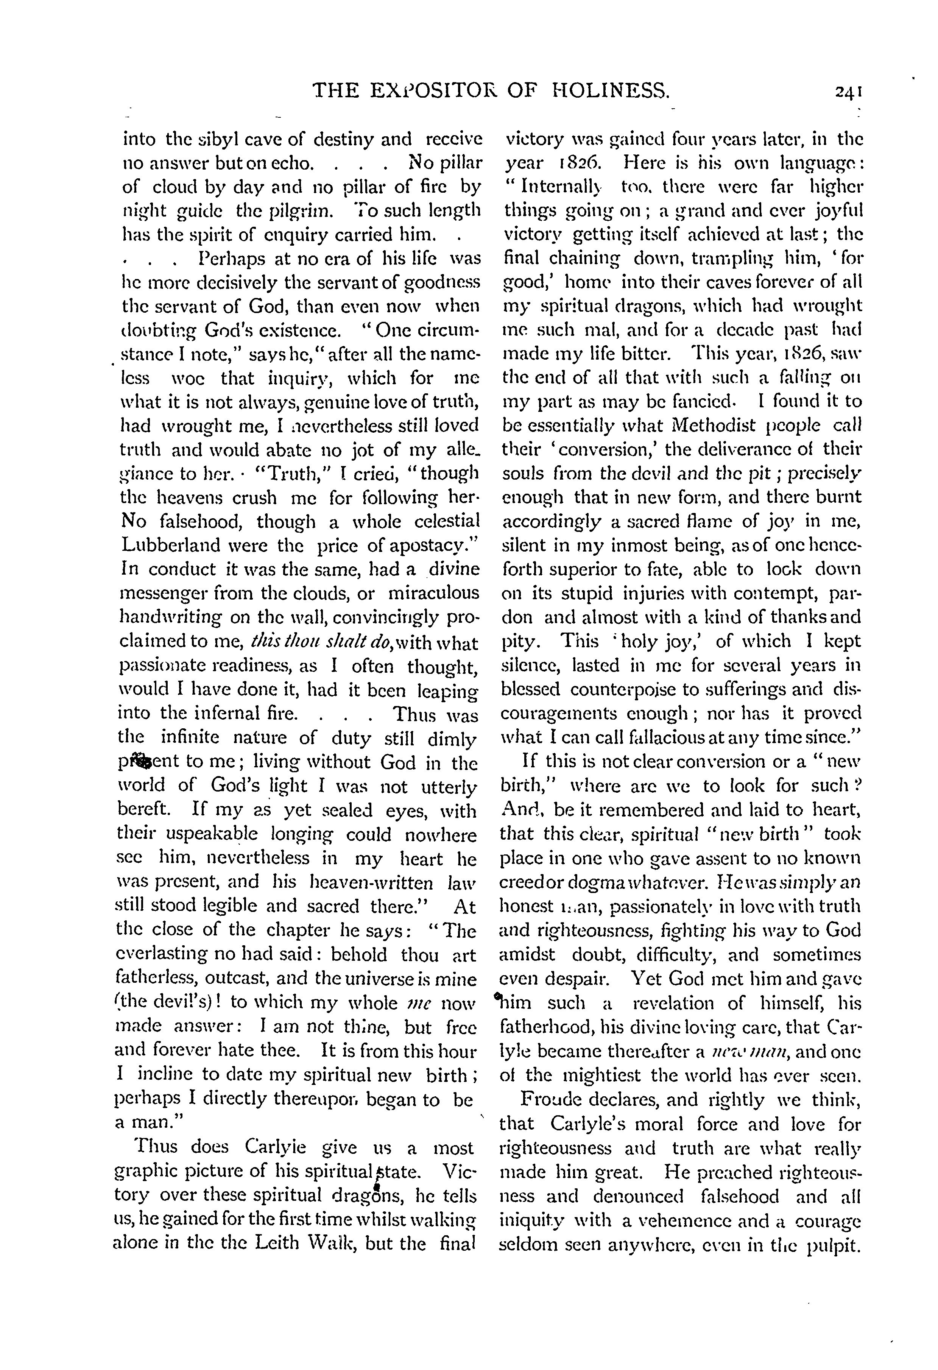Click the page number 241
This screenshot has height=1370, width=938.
pyautogui.click(x=848, y=91)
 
